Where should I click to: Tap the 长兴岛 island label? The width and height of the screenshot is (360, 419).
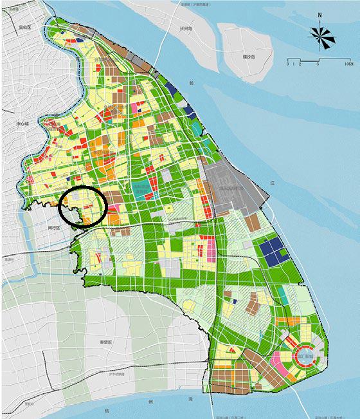coord(187,28)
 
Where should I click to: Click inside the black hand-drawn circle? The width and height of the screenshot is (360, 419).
coord(83,207)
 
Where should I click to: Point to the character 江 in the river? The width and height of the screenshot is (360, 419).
coord(273,183)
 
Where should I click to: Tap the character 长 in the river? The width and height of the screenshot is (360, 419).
coord(191,83)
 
